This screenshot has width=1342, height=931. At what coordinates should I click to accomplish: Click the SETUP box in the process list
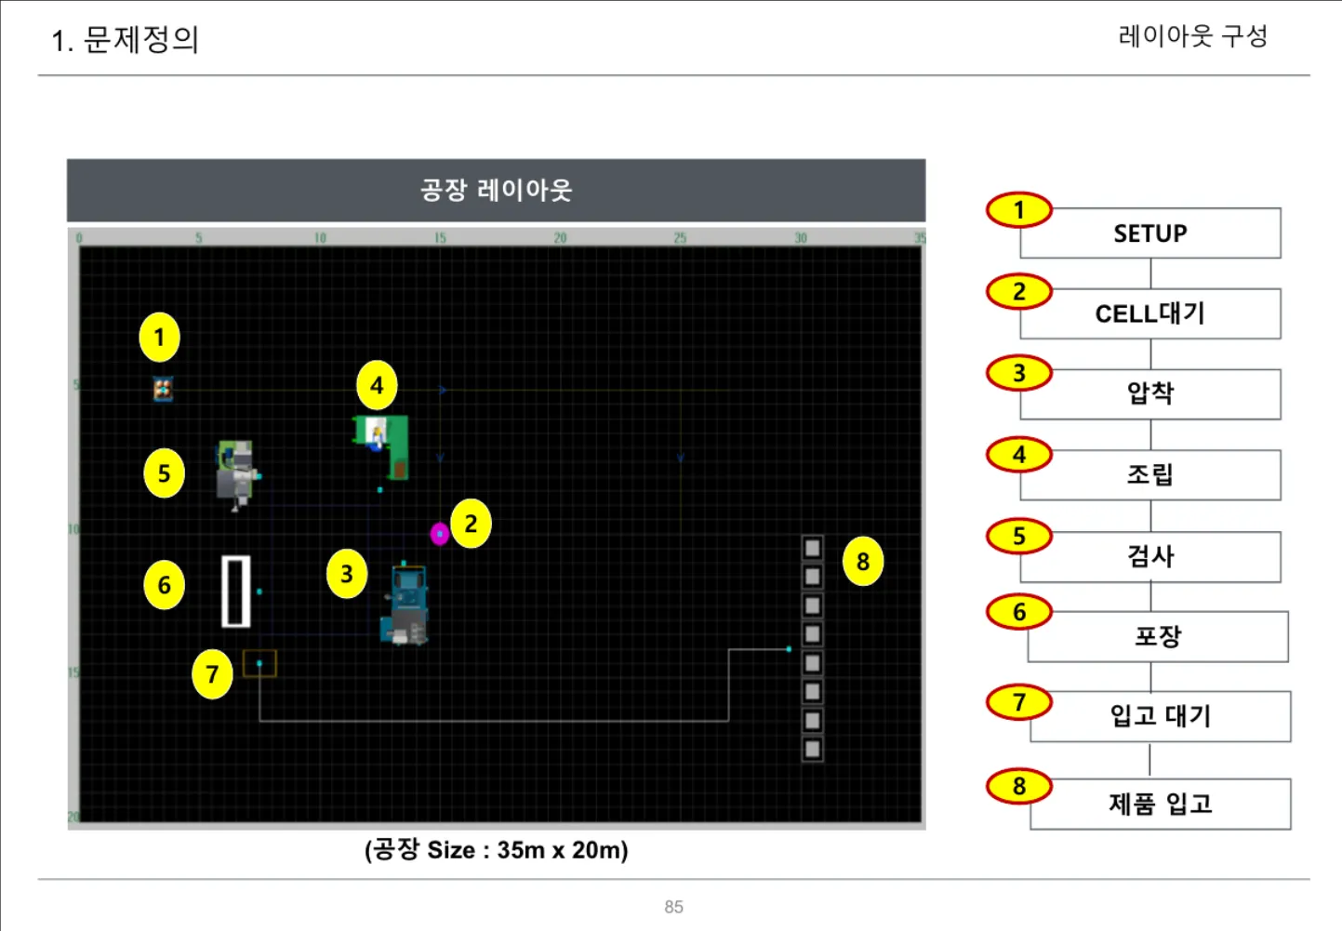coord(1150,233)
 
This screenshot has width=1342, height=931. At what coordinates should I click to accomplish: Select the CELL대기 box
coord(1150,314)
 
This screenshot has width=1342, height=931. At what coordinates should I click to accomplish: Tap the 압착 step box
coord(1150,394)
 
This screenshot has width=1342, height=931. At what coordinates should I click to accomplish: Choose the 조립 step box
coord(1150,475)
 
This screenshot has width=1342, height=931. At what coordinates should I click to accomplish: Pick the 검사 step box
coord(1150,557)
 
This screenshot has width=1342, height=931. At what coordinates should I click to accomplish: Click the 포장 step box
coord(1158,637)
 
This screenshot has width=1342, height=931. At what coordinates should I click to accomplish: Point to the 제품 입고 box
coord(1161,805)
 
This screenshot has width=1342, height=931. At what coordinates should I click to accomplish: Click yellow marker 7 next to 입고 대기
coord(1019,702)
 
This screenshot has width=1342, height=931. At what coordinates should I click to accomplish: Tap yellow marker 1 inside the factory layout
coord(159,338)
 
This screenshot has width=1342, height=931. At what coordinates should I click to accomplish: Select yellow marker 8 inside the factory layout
coord(863,562)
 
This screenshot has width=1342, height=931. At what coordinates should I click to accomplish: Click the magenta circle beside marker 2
coord(440,534)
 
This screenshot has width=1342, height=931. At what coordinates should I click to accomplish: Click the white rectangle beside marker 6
coord(236,592)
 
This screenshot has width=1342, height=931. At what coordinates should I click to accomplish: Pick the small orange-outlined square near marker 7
coord(259,663)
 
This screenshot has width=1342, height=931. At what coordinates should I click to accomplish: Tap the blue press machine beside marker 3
coord(406,605)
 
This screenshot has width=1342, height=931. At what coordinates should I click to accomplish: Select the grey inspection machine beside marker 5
coord(236,473)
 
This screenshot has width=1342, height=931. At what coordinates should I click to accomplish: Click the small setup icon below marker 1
coord(163,389)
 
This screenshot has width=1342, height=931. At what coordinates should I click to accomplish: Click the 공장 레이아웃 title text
coord(496,191)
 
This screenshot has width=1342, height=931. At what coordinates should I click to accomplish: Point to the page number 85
coord(673,907)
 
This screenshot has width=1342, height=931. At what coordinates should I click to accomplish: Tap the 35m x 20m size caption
coord(496,850)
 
